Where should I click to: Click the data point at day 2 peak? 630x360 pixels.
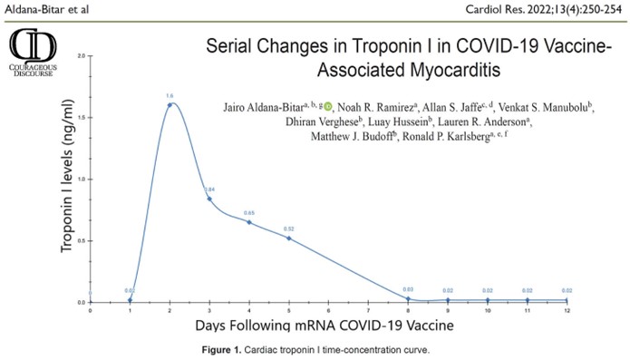pyautogui.click(x=170, y=104)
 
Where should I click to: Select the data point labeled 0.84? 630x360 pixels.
pyautogui.click(x=209, y=199)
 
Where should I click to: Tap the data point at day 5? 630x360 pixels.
pyautogui.click(x=289, y=238)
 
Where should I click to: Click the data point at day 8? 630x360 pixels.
pyautogui.click(x=408, y=298)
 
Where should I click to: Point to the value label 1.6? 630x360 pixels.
pyautogui.click(x=170, y=95)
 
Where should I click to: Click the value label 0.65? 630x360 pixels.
pyautogui.click(x=249, y=213)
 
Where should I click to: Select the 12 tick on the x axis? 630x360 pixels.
pyautogui.click(x=567, y=310)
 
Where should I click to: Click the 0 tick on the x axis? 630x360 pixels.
pyautogui.click(x=90, y=310)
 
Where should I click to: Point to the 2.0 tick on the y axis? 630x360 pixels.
pyautogui.click(x=82, y=56)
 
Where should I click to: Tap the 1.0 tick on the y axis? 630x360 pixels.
pyautogui.click(x=82, y=179)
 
